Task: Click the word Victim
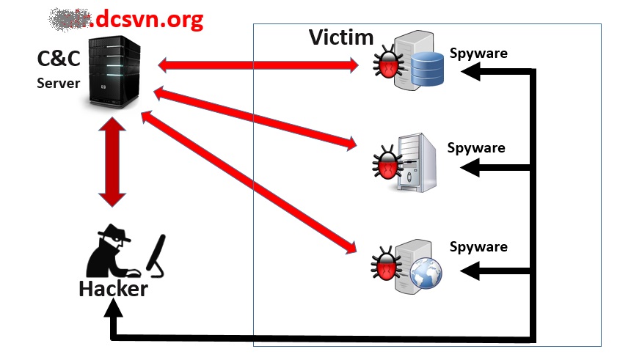[341, 37]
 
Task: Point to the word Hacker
[113, 289]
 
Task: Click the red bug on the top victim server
[386, 64]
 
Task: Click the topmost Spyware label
[479, 54]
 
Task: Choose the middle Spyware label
[476, 147]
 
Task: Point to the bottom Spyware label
[478, 246]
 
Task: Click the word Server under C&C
[58, 83]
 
